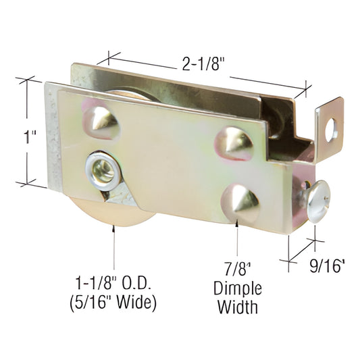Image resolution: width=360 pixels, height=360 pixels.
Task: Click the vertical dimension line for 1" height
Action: pyautogui.click(x=27, y=132)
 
